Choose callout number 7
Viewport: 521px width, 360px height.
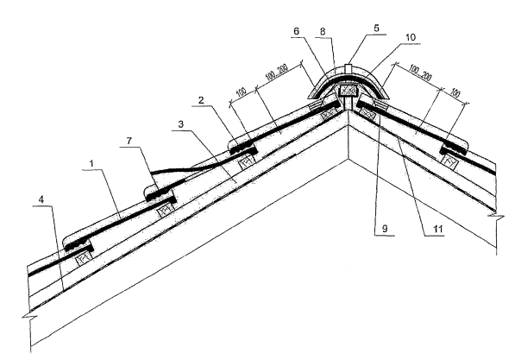coord(126,153)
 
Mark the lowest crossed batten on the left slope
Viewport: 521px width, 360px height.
coord(85,256)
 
